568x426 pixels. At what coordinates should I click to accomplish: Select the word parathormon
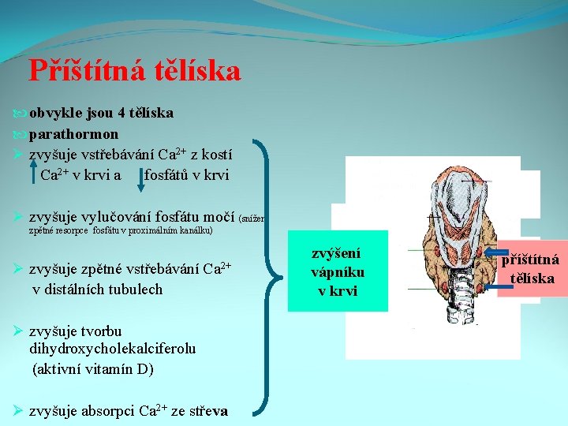coord(74,133)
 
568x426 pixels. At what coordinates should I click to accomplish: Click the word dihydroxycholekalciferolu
coord(113,348)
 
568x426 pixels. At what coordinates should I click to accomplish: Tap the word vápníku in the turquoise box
coord(338,271)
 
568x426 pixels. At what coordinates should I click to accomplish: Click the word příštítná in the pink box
coord(532,260)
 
